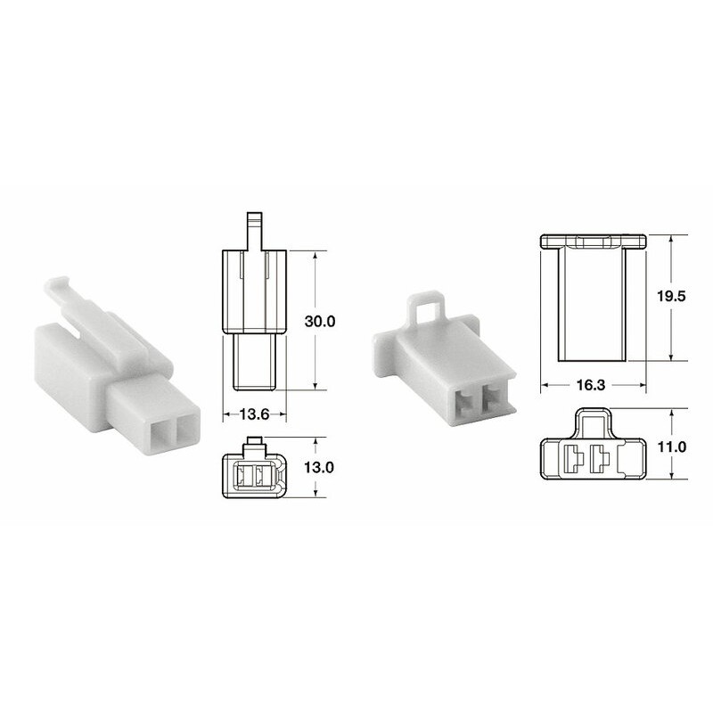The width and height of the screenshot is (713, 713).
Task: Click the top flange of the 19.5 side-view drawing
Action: coord(593,241)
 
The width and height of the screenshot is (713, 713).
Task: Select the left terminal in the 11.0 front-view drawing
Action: coord(573,460)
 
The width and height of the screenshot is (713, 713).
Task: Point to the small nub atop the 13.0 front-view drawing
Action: coord(254,440)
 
